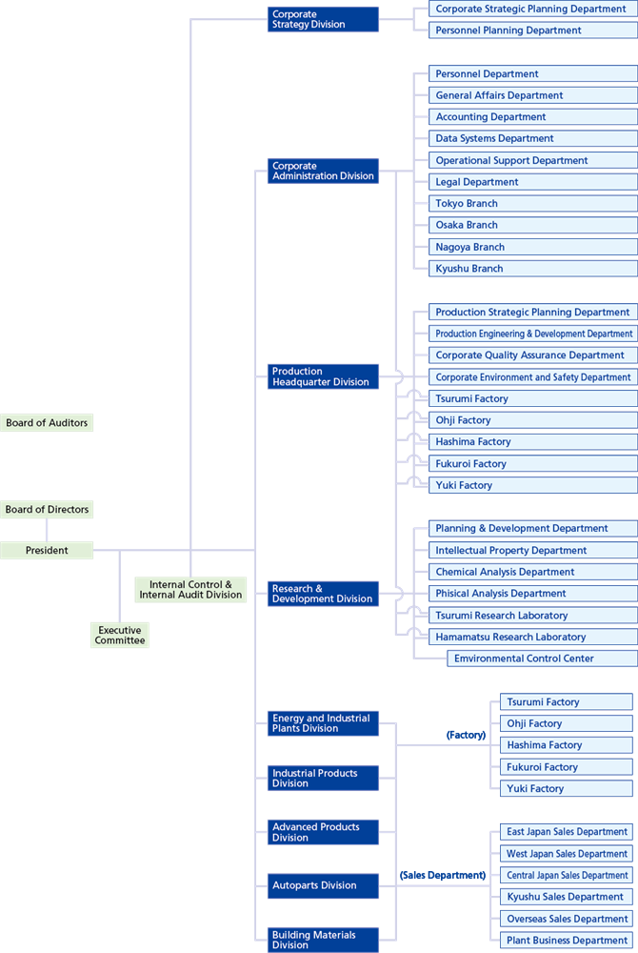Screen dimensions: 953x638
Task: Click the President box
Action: click(x=47, y=550)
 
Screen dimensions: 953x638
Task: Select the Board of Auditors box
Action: click(x=47, y=422)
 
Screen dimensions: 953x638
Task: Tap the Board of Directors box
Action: click(x=47, y=510)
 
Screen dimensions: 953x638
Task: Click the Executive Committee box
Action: click(x=120, y=636)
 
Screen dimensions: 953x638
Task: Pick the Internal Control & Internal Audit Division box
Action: click(x=190, y=590)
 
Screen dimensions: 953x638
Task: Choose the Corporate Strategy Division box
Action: click(x=323, y=19)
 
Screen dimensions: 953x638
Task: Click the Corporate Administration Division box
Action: click(x=323, y=171)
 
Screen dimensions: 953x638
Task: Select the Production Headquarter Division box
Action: click(x=323, y=376)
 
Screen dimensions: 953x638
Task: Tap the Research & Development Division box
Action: click(x=323, y=594)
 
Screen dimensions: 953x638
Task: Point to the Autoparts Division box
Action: click(x=323, y=885)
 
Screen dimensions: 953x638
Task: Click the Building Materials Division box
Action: click(x=323, y=940)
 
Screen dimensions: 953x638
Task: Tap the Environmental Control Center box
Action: click(x=541, y=659)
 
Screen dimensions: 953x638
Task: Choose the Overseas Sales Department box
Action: click(x=567, y=919)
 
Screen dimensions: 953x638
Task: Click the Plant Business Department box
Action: click(x=567, y=941)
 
